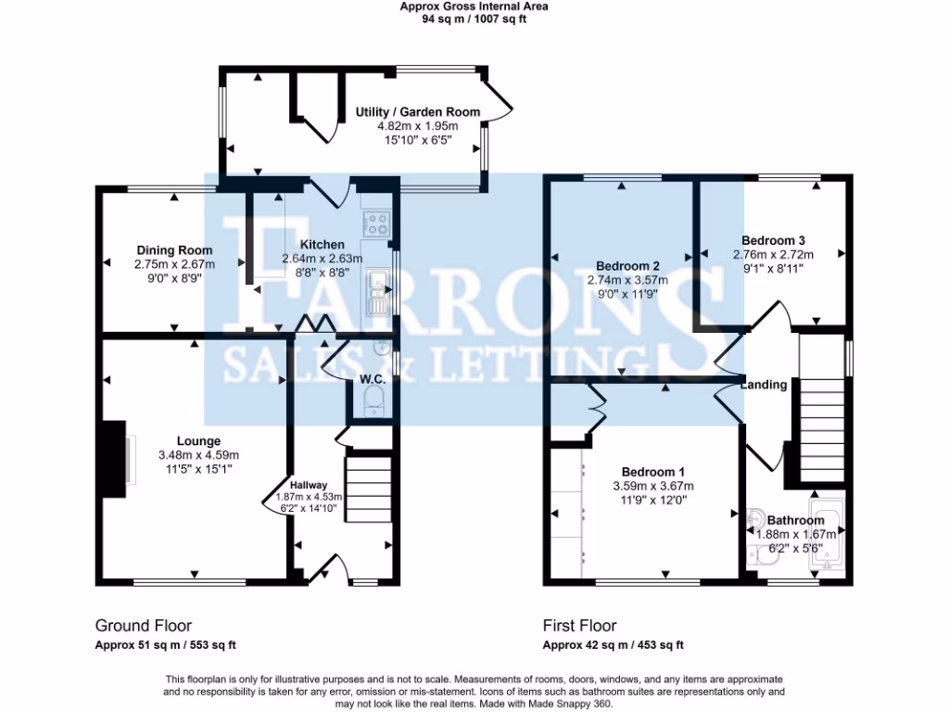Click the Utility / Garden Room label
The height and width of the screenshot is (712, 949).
tap(418, 112)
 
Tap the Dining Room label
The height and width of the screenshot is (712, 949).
tap(174, 250)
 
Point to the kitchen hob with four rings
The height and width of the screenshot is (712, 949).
tap(378, 223)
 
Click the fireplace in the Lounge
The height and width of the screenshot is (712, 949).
tap(115, 454)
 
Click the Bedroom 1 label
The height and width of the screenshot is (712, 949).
tap(653, 471)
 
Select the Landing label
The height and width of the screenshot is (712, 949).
tap(764, 385)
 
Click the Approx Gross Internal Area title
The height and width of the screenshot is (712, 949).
tap(474, 6)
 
